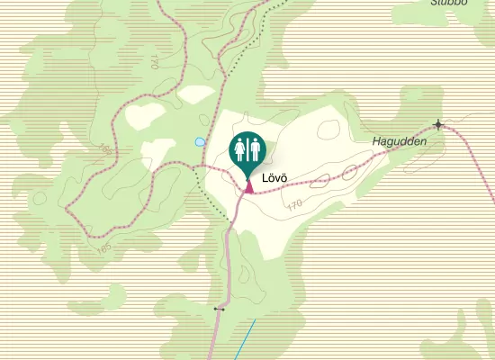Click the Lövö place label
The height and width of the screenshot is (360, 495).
pyautogui.click(x=273, y=179)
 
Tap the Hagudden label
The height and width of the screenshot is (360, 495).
pyautogui.click(x=399, y=142)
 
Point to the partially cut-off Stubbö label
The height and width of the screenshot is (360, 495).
pyautogui.click(x=449, y=3)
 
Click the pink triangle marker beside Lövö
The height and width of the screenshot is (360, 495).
pyautogui.click(x=248, y=187)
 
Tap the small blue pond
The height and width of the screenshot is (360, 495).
pyautogui.click(x=199, y=141)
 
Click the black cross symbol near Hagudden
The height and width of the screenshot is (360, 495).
pyautogui.click(x=438, y=124)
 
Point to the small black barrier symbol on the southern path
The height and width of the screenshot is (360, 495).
pyautogui.click(x=219, y=309)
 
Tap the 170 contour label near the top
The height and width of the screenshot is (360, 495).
pyautogui.click(x=155, y=62)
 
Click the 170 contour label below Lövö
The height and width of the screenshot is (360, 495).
pyautogui.click(x=294, y=205)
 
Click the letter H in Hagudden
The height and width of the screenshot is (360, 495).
pyautogui.click(x=376, y=142)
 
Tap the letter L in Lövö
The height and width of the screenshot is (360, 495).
pyautogui.click(x=265, y=179)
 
